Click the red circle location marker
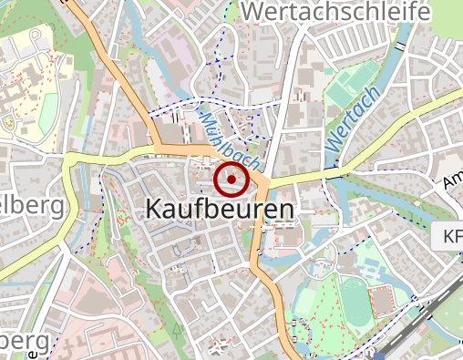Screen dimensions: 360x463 pyautogui.click(x=231, y=180)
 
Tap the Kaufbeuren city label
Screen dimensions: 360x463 pyautogui.click(x=220, y=211)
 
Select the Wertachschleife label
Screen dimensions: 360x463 pyautogui.click(x=336, y=13)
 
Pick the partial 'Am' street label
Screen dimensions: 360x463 pyautogui.click(x=452, y=182)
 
